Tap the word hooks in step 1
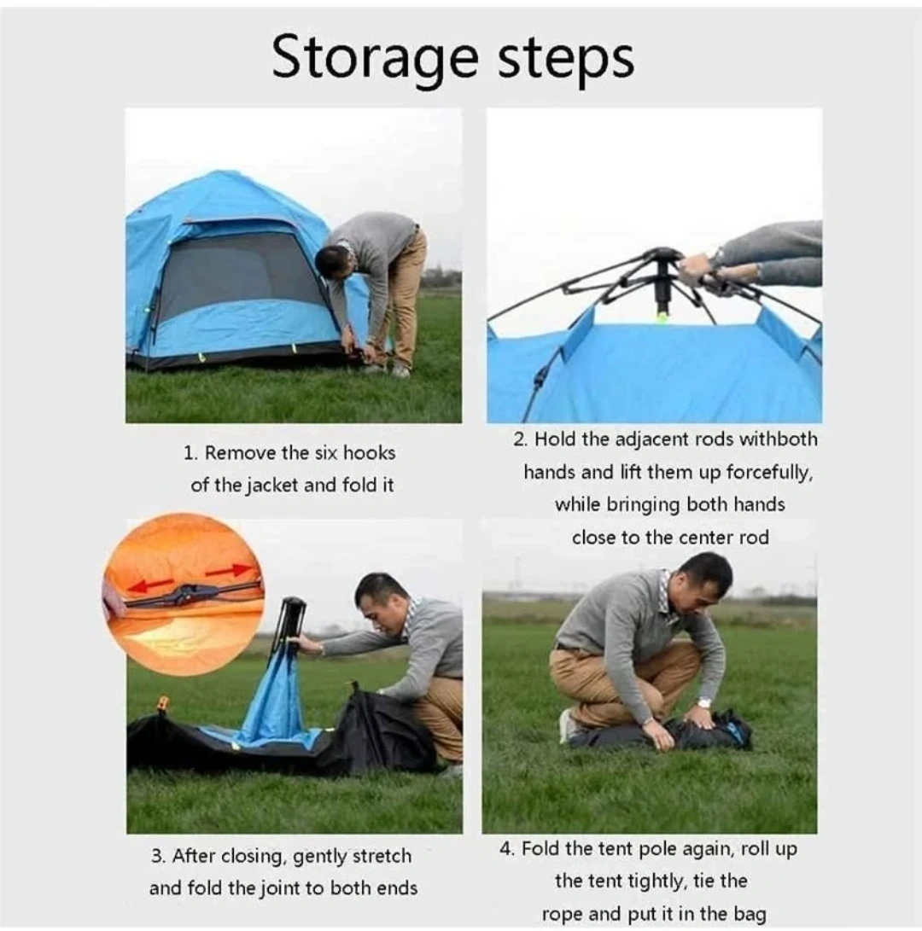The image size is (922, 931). tap(370, 453)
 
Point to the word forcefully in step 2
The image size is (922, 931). tap(769, 474)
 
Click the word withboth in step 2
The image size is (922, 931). tap(779, 439)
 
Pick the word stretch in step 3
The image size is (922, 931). tap(382, 856)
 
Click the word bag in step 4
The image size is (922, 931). tap(750, 915)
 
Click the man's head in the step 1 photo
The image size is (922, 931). tap(331, 265)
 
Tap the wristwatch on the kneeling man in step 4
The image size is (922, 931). tap(704, 703)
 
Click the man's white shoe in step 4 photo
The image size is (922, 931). tap(567, 725)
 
